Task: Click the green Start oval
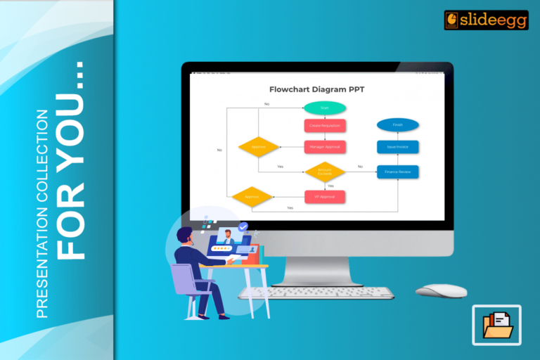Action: [x=325, y=108]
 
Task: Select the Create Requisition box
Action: [x=325, y=126]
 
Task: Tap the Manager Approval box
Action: [x=325, y=147]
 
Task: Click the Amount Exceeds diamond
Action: [x=325, y=172]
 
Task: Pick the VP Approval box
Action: [x=325, y=197]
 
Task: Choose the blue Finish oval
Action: [x=398, y=125]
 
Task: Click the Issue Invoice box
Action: [x=398, y=147]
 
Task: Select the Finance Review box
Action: [x=398, y=172]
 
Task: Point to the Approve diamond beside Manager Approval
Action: [x=259, y=147]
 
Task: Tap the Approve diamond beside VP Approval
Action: [x=252, y=197]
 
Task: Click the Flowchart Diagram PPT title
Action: [x=317, y=89]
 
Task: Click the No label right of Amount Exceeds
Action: [x=360, y=167]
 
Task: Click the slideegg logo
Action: [x=476, y=20]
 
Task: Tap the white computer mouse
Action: [x=441, y=290]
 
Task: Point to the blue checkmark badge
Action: [x=243, y=227]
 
